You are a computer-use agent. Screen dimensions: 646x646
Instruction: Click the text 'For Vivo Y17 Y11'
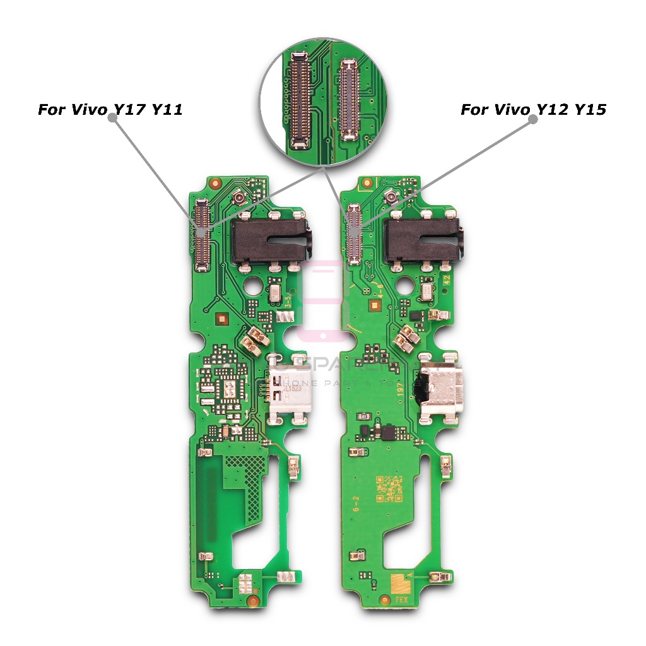[x=110, y=110]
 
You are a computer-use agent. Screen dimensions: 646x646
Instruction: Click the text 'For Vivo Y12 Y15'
[x=533, y=110]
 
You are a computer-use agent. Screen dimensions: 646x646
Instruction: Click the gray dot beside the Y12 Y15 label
[x=532, y=120]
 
